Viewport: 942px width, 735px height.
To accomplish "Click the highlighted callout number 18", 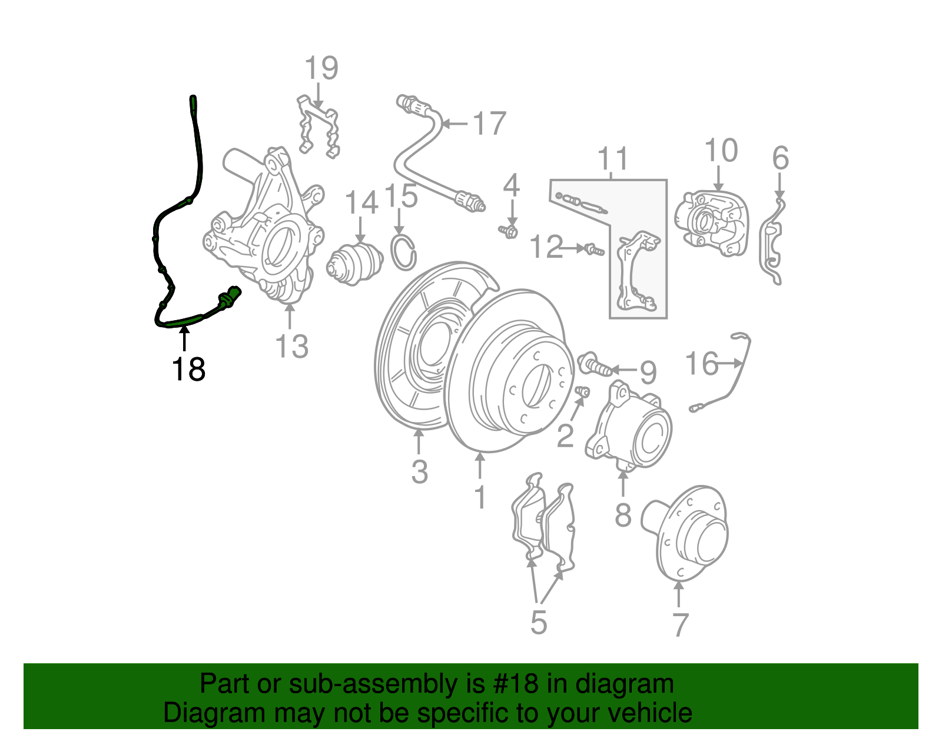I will pyautogui.click(x=188, y=370).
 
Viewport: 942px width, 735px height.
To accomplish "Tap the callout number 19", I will pyautogui.click(x=321, y=68).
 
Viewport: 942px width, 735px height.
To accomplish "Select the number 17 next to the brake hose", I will pyautogui.click(x=489, y=124).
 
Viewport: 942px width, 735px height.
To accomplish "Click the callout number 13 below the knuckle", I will pyautogui.click(x=291, y=346).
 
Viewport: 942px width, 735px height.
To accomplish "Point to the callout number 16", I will pyautogui.click(x=702, y=364).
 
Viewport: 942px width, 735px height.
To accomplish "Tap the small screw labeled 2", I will pyautogui.click(x=582, y=391).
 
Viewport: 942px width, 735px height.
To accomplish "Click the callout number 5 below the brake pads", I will pyautogui.click(x=539, y=622).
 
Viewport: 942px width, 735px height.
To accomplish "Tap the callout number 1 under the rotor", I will pyautogui.click(x=480, y=497).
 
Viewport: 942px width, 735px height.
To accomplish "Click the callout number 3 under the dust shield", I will pyautogui.click(x=419, y=471).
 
